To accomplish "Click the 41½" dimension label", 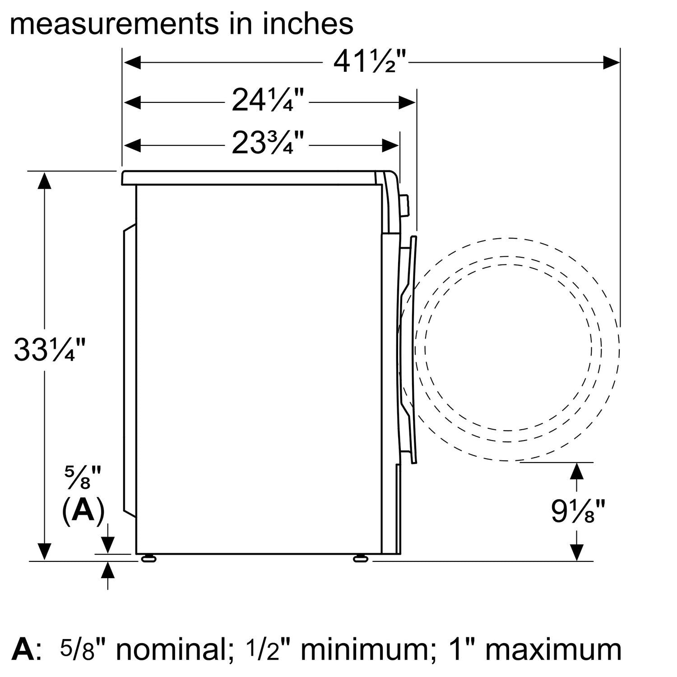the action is [x=370, y=61].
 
